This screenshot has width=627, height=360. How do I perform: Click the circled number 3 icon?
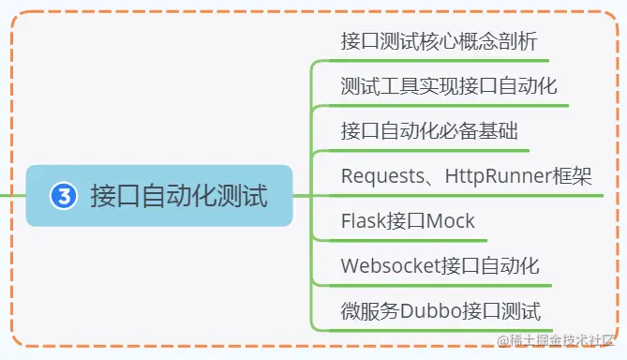point(62,196)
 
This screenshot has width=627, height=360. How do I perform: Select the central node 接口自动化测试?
point(178,196)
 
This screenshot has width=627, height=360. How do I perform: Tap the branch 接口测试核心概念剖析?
point(439,42)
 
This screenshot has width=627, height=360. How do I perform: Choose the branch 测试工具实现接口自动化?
point(449,87)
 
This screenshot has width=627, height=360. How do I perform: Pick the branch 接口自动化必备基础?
point(429,130)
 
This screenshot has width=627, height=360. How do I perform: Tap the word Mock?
point(450,221)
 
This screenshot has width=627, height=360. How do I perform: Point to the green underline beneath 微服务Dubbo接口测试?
point(440,330)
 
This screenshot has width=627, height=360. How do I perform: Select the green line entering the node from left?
point(11,196)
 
